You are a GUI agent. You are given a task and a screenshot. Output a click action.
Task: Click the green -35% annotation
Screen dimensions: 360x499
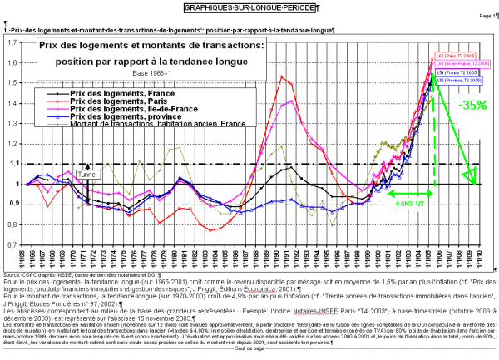tap(471, 105)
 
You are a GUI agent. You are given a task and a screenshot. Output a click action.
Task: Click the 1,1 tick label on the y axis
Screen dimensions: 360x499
tap(14, 164)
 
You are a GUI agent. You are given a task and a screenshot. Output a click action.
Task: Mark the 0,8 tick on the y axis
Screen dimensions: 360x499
tap(14, 224)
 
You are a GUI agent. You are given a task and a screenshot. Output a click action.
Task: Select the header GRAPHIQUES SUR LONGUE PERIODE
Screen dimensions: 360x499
tap(249, 7)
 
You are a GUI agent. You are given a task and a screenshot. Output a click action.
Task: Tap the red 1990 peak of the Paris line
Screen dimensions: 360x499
tap(284, 77)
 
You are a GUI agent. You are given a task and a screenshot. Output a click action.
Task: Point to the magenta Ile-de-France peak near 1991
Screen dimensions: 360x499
tap(290, 101)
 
